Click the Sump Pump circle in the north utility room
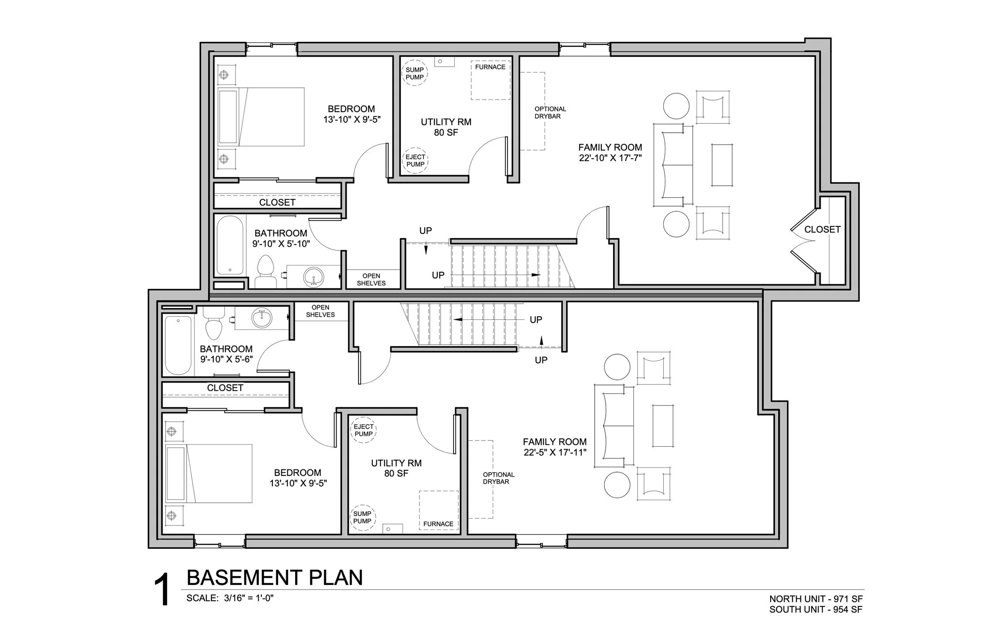tap(414, 73)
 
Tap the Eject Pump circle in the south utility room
tap(363, 431)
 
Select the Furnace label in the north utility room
tap(490, 67)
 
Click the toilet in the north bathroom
tap(265, 270)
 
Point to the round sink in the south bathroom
tap(262, 318)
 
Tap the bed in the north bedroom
tap(261, 116)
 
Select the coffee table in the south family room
tap(662, 426)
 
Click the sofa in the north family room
tap(673, 165)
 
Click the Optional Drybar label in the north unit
tap(550, 113)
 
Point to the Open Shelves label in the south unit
tap(320, 311)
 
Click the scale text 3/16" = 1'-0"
tap(249, 598)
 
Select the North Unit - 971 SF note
tap(815, 599)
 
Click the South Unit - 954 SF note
tap(815, 609)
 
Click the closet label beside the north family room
tap(822, 229)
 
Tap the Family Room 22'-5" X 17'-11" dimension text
tap(555, 452)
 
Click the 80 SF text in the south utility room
tap(396, 473)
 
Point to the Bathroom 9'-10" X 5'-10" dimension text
tap(281, 243)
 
